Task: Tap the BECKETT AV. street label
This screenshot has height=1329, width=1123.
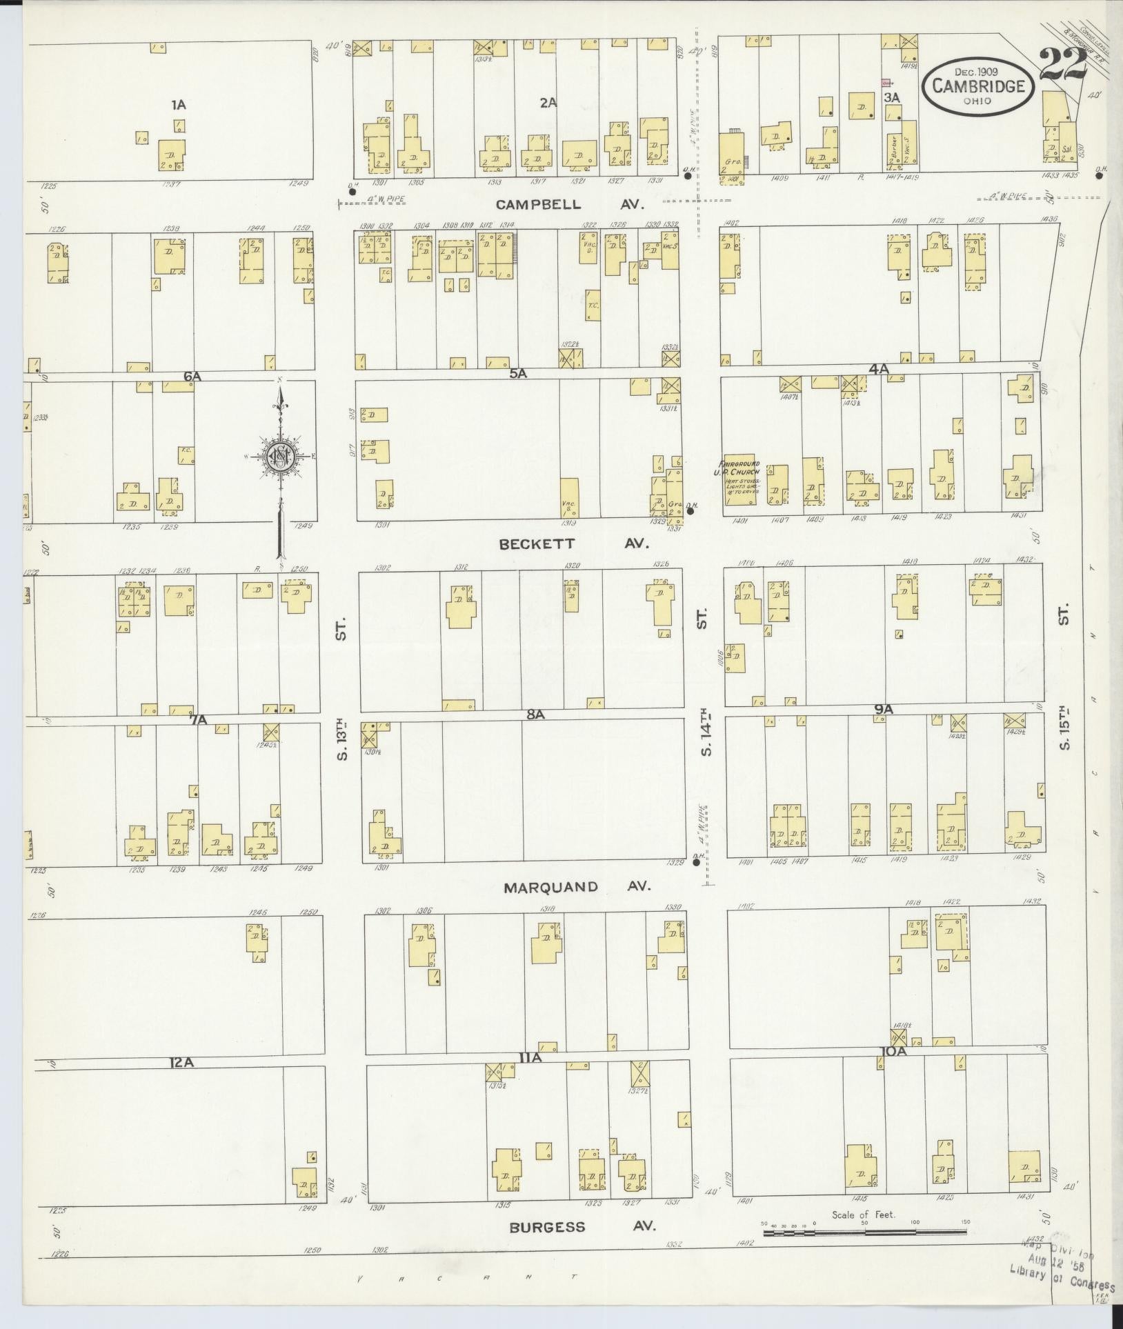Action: [574, 543]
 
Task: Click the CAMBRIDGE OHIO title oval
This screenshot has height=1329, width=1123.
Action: [980, 85]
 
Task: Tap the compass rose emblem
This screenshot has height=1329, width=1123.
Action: [281, 457]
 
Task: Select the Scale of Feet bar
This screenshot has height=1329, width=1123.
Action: [865, 1221]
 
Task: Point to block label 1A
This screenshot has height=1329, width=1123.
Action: [179, 105]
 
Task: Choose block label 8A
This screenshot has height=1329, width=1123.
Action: [536, 715]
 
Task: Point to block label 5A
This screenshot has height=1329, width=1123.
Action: [518, 373]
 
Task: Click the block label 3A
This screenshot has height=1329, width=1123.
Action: [892, 98]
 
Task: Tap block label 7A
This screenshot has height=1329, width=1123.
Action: [199, 720]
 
